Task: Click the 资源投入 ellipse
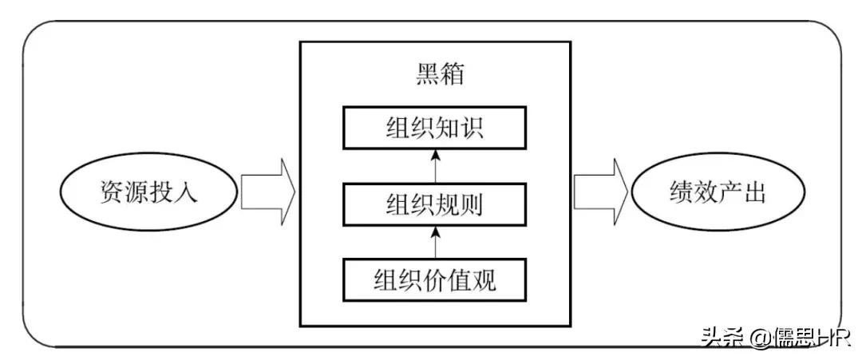click(x=148, y=192)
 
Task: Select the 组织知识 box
click(x=435, y=129)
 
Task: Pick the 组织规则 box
click(x=435, y=205)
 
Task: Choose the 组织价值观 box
click(x=435, y=279)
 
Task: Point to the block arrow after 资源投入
click(x=267, y=192)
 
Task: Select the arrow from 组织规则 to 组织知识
click(x=436, y=165)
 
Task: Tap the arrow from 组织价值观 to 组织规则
click(x=436, y=241)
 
